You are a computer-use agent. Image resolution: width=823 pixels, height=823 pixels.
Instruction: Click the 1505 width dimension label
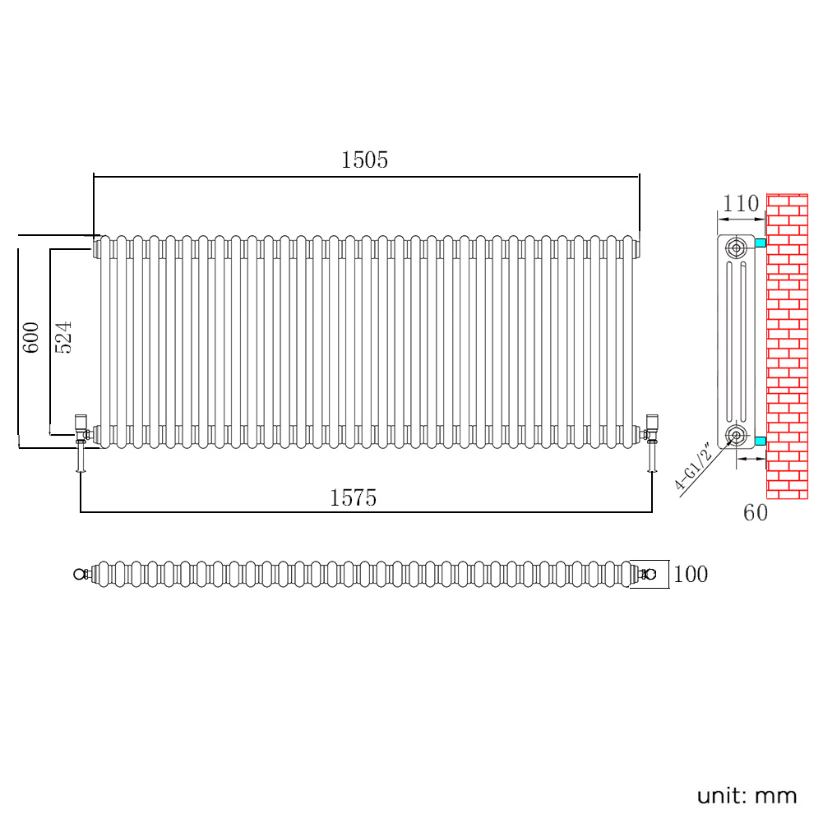pos(364,160)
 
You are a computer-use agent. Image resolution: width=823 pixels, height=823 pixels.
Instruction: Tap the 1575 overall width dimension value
pos(353,497)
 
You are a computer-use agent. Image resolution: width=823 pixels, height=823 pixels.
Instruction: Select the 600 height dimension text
pos(30,337)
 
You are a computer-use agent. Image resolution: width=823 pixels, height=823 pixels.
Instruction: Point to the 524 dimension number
pos(63,337)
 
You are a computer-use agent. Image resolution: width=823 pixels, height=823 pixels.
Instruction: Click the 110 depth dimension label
pos(741,204)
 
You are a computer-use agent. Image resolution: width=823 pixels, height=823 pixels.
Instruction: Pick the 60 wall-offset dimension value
pos(755,513)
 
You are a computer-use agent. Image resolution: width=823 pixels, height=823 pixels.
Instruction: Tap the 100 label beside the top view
pos(690,575)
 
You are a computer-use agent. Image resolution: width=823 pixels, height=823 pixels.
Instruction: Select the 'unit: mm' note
pos(747,795)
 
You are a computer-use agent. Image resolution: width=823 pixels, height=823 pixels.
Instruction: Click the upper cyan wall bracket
pos(761,243)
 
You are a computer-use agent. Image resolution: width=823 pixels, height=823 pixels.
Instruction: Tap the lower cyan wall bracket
pos(761,442)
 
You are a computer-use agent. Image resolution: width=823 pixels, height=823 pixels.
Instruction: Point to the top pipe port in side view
pos(737,247)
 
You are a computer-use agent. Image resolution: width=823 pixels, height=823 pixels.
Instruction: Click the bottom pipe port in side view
pos(737,435)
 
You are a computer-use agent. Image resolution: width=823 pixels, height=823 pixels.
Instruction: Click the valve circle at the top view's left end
pos(80,574)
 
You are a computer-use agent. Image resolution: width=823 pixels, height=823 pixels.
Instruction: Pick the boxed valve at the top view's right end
pos(649,574)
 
